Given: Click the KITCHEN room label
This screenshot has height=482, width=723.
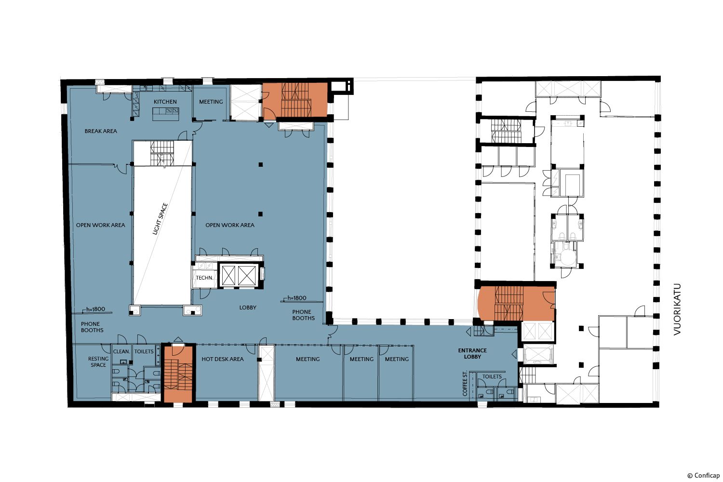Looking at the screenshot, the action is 165,102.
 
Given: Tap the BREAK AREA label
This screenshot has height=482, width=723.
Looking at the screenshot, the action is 101,131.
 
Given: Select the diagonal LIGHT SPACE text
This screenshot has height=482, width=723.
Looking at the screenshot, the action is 161,219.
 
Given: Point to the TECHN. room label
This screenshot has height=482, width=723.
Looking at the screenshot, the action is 204,278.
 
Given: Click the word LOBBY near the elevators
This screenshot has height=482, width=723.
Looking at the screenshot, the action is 248,308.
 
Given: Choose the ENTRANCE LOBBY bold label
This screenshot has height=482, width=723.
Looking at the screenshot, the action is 472,353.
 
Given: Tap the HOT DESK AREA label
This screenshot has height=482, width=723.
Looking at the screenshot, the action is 222,359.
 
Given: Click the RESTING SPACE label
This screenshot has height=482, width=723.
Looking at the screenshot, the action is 98,362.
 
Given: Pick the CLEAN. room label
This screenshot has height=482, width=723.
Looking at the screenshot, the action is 121,351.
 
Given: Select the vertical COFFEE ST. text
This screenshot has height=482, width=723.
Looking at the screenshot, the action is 465,384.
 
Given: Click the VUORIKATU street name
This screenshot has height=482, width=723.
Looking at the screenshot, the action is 677,309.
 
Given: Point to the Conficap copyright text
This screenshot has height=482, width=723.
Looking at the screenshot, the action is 703,475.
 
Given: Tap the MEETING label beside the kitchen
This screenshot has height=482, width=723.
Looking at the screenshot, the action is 211,102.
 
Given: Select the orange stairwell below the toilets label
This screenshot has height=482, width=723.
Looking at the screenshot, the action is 178,374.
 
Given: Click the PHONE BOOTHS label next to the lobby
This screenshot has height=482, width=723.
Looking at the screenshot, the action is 303,315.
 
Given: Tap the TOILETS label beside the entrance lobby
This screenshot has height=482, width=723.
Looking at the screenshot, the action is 492,376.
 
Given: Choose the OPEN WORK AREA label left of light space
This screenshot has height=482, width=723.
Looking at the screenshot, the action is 100,225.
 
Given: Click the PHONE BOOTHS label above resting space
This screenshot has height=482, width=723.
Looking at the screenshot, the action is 92,327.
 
